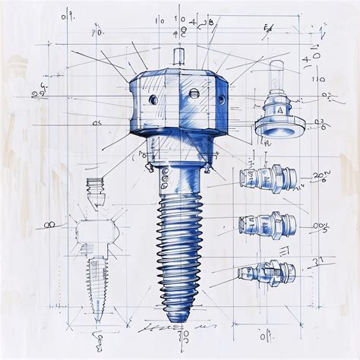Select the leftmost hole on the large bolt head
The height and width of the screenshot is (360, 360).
click(x=152, y=100)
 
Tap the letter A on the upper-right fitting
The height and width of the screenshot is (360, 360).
click(x=280, y=109)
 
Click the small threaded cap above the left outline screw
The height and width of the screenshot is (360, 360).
click(x=94, y=187)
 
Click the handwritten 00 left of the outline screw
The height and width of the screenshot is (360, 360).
click(x=49, y=225)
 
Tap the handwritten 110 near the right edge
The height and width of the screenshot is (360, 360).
click(x=317, y=78)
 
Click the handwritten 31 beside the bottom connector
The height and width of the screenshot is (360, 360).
click(x=319, y=261)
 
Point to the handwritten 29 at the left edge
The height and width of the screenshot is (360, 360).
click(x=36, y=94)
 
